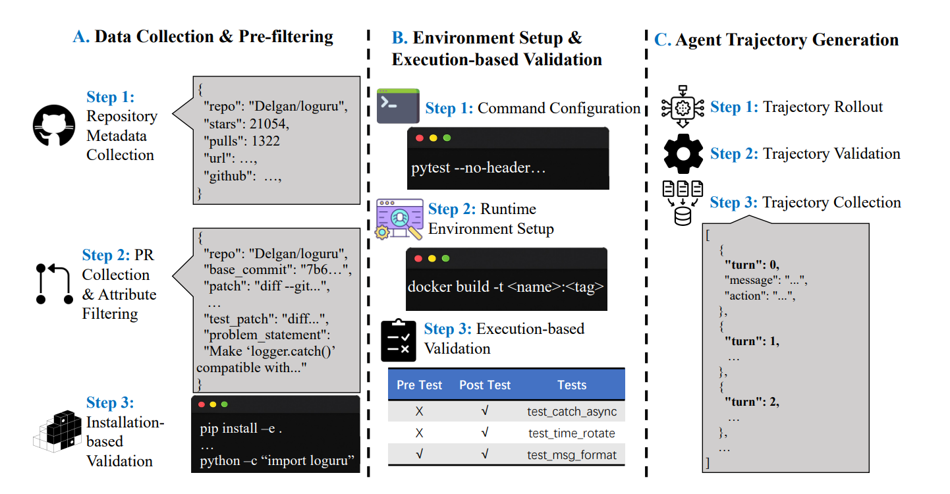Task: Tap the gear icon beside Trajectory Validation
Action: click(683, 154)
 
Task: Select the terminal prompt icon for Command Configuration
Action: click(398, 106)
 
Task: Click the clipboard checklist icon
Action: click(399, 340)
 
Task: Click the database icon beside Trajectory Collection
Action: click(683, 204)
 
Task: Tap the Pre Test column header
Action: click(419, 385)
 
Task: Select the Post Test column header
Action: click(485, 385)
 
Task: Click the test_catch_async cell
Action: click(572, 412)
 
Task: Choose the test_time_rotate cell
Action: click(572, 433)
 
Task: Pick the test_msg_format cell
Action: click(572, 454)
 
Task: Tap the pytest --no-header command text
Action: click(479, 168)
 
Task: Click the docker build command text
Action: click(505, 287)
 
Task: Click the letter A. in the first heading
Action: click(81, 37)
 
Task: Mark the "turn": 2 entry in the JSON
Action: click(751, 401)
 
